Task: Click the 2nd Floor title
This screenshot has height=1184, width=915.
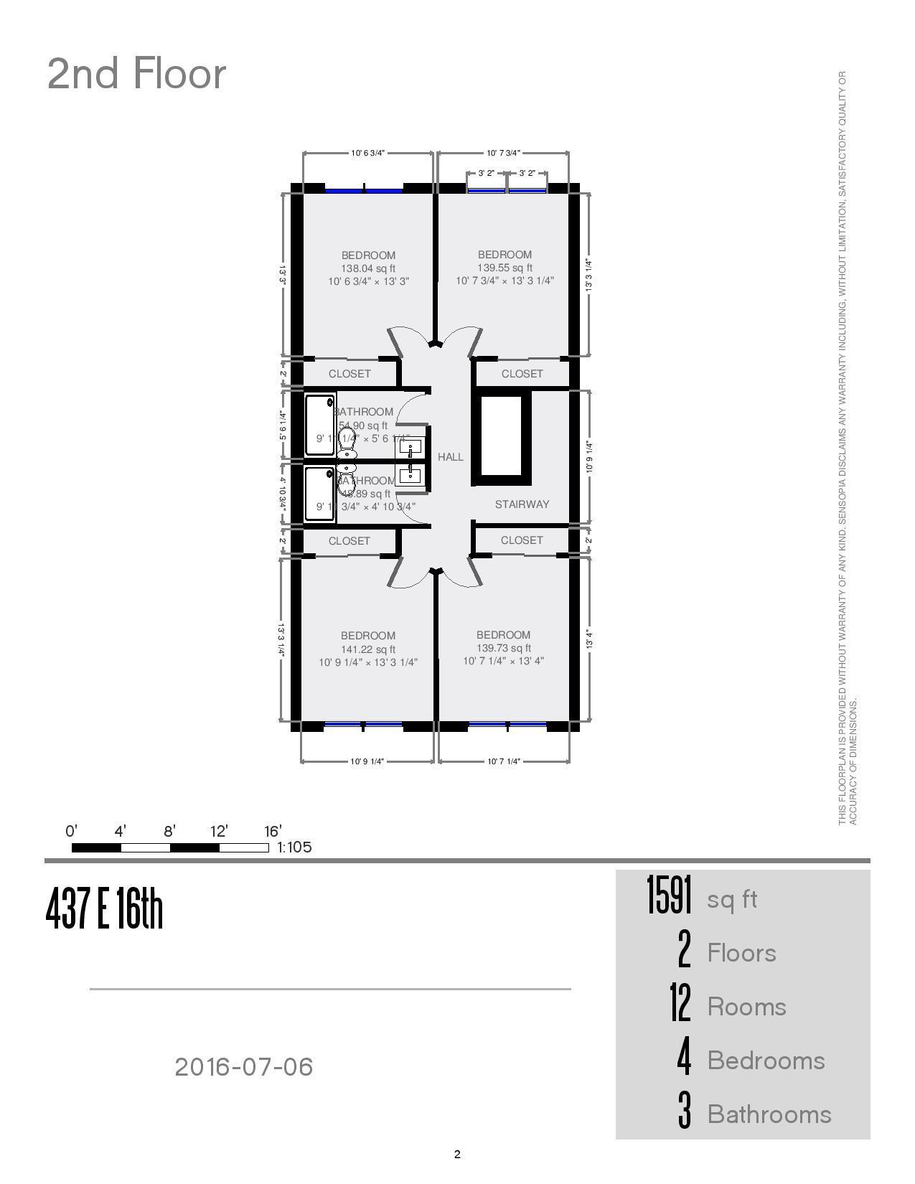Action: tap(136, 74)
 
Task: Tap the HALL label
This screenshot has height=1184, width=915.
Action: tap(451, 457)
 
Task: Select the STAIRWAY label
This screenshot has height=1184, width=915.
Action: tap(522, 504)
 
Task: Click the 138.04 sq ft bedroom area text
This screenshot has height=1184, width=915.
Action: tap(368, 268)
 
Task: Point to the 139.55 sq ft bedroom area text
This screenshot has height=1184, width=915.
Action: tap(505, 268)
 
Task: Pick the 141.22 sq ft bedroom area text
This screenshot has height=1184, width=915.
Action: tap(368, 649)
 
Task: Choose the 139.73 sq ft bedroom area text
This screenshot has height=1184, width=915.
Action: tap(504, 648)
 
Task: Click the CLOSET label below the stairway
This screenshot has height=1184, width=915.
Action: tap(522, 540)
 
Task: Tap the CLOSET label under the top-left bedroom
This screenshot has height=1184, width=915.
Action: tap(349, 374)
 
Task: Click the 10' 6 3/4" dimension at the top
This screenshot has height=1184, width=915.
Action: tap(368, 153)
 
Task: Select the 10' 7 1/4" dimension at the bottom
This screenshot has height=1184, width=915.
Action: tap(504, 761)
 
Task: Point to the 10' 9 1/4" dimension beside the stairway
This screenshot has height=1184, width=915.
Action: tap(589, 457)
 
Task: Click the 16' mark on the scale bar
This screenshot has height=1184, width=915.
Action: tap(273, 832)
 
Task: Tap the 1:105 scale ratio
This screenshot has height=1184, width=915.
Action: tap(294, 847)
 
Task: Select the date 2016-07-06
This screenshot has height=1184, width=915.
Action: tap(244, 1067)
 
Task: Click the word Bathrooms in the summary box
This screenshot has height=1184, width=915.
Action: tap(769, 1114)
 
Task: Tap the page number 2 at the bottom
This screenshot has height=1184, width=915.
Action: tap(457, 1155)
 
